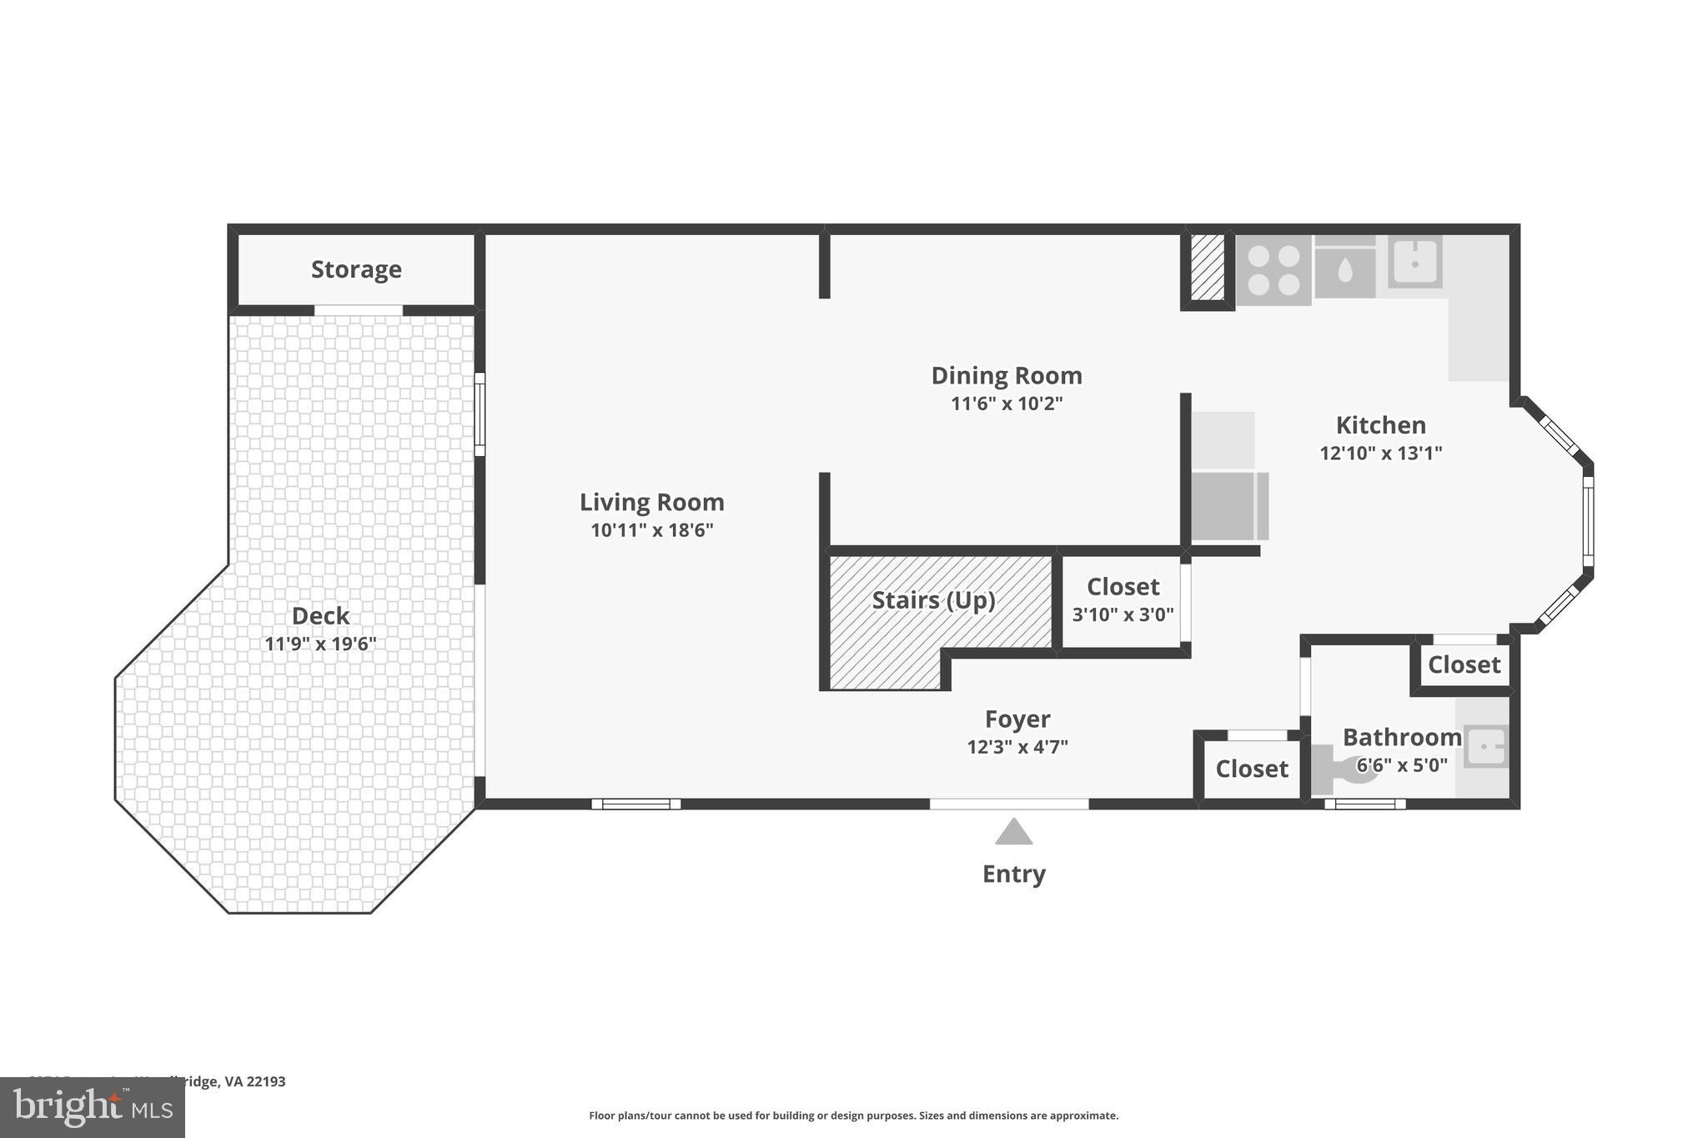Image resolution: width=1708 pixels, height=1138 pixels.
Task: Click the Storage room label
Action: point(356,269)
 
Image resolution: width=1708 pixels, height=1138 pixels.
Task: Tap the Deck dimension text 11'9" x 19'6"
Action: point(320,644)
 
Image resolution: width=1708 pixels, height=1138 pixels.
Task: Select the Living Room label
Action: point(651,502)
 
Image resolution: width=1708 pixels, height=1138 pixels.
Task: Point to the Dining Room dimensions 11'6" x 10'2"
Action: point(1007,404)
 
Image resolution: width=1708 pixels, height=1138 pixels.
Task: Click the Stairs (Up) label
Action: point(933,600)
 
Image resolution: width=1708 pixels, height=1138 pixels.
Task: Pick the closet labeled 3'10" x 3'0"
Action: point(1123,599)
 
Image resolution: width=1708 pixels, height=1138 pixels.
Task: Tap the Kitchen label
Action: point(1380,425)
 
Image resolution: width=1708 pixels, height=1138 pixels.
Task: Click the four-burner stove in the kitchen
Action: point(1273,270)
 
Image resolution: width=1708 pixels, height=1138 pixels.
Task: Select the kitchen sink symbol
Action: point(1415,262)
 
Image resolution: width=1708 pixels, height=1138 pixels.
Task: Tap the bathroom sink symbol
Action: point(1486,746)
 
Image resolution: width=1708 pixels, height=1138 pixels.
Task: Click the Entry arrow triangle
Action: point(1013,832)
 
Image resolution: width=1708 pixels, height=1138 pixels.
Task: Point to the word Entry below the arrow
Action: point(1013,874)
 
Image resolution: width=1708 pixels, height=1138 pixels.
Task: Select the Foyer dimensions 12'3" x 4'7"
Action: point(1017,747)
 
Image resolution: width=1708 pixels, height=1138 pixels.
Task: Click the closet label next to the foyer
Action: point(1251,769)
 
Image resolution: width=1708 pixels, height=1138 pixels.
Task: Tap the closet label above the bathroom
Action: point(1464,664)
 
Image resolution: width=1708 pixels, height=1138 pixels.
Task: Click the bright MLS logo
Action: point(92,1108)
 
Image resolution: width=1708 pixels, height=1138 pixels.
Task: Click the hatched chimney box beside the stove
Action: point(1207,267)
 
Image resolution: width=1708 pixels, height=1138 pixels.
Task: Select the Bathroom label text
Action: point(1401,737)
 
